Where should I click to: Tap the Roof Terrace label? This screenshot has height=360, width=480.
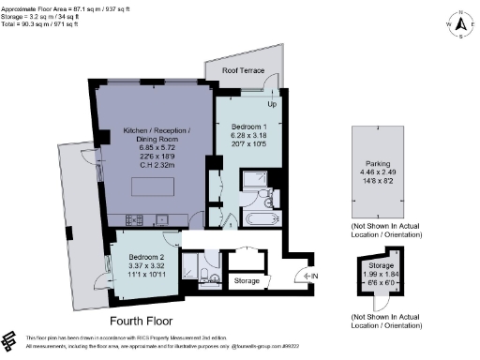coord(242,69)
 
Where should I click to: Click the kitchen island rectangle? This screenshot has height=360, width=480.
coord(150,187)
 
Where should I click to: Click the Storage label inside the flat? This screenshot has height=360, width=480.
coord(246,280)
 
